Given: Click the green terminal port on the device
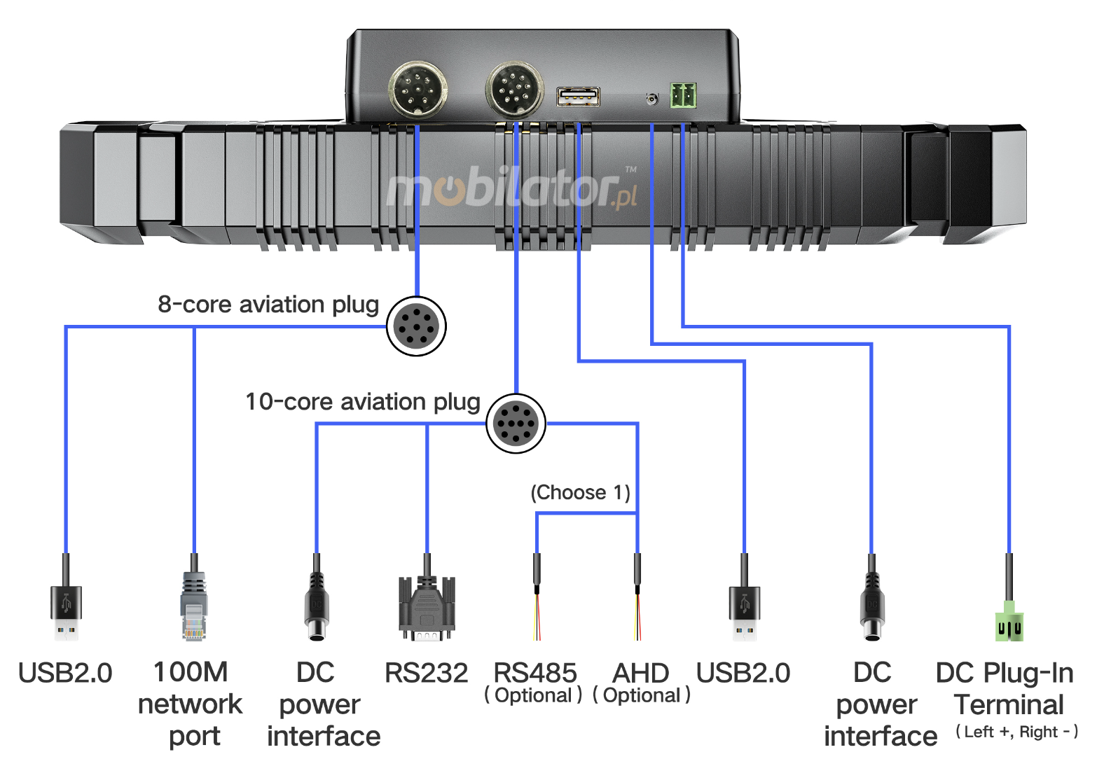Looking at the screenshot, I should point(683,95).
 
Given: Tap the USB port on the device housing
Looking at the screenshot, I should point(578,97).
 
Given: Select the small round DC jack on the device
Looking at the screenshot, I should point(651,99).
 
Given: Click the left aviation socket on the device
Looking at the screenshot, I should point(418,90).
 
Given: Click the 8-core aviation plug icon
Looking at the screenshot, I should point(416,326).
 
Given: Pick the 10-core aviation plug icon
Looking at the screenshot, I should point(516,423).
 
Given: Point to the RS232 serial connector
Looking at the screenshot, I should point(427,608).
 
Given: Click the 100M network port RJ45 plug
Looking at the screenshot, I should point(194,606).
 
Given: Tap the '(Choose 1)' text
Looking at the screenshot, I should point(580,492).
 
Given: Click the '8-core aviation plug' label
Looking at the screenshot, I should point(268,305).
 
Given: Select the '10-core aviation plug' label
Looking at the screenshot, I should point(362,402).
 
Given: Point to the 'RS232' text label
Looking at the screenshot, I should point(426,673).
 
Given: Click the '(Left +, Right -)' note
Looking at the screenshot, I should point(1016,732).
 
